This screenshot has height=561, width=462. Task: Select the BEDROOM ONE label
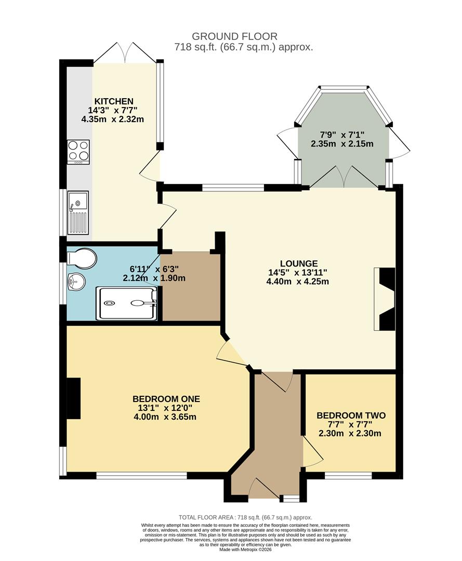tap(166, 399)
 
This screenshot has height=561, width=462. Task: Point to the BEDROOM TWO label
tap(351, 416)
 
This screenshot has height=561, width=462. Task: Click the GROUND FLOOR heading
tap(234, 36)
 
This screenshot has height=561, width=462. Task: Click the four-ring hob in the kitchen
tap(78, 151)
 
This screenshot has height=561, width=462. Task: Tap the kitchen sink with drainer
tap(78, 211)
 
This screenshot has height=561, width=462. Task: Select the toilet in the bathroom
tap(83, 257)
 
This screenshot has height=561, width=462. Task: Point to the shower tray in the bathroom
tap(126, 303)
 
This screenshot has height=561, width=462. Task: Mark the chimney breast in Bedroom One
tap(74, 398)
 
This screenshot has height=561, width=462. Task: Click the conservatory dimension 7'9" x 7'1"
tap(342, 135)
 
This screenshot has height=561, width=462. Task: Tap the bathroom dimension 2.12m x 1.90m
tap(154, 278)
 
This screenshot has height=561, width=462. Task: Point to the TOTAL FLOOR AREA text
tap(245, 517)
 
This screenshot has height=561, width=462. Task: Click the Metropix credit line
tap(245, 550)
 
